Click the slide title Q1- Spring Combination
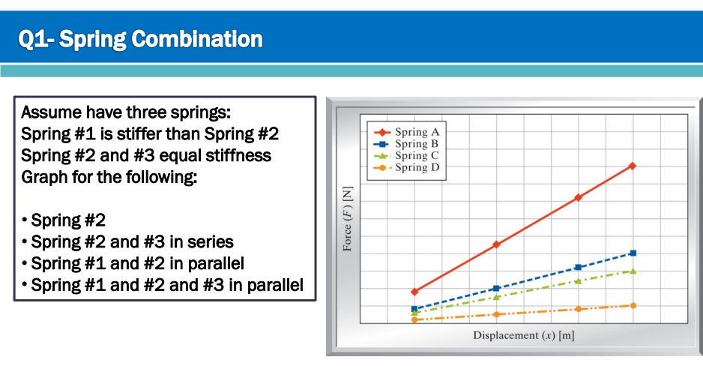pyautogui.click(x=142, y=39)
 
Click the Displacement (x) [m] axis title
pyautogui.click(x=523, y=335)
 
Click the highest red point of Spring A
pyautogui.click(x=633, y=166)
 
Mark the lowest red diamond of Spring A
pyautogui.click(x=414, y=291)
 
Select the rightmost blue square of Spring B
pyautogui.click(x=633, y=253)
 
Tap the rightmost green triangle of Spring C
pyautogui.click(x=633, y=271)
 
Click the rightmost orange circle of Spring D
pyautogui.click(x=633, y=305)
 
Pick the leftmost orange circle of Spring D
pyautogui.click(x=414, y=319)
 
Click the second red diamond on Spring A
pyautogui.click(x=496, y=244)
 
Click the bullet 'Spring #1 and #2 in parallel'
pyautogui.click(x=137, y=264)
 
